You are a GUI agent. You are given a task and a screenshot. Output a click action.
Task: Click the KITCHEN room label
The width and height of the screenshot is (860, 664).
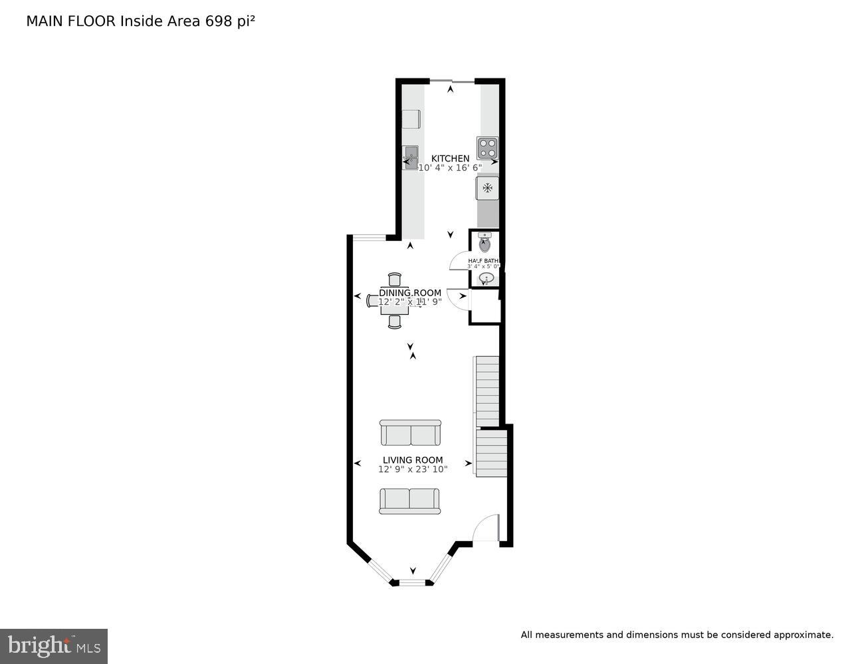450,158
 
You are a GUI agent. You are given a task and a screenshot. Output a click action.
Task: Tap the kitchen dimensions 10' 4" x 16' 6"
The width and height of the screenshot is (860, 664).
450,168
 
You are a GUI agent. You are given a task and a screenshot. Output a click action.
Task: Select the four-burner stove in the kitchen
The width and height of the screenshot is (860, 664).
487,147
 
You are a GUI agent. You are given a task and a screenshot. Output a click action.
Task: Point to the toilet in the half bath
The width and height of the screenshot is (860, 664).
484,243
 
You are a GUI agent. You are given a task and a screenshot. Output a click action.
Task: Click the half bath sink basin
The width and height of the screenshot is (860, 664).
486,278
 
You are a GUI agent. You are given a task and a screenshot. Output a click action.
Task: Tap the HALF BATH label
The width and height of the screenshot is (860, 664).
483,261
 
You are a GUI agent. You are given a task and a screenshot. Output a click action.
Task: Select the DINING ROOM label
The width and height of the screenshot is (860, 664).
410,293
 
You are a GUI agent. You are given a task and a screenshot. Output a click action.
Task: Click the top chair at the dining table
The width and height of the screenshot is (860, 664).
395,279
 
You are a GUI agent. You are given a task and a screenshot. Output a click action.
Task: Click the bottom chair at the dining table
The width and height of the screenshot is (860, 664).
395,322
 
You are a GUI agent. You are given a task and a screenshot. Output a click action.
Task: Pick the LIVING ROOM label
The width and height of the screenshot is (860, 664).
412,459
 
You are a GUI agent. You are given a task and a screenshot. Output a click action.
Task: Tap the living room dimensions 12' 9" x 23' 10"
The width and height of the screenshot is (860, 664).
413,469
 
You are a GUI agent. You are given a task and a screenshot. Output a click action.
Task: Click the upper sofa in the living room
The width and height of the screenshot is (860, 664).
410,433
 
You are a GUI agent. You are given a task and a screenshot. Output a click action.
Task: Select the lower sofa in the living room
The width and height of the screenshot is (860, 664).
409,501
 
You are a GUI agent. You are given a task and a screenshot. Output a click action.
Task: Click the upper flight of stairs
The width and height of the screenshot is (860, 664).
487,391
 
